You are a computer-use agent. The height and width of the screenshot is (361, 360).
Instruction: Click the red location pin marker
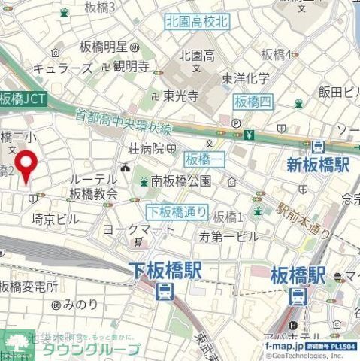[x=28, y=165]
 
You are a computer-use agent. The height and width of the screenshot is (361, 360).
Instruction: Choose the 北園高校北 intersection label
[x=197, y=23]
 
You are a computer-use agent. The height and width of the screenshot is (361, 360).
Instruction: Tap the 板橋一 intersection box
[x=202, y=159]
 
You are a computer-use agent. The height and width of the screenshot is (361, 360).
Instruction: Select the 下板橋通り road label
[x=175, y=212]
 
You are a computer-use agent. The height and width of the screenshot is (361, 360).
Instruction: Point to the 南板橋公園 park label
[x=180, y=180]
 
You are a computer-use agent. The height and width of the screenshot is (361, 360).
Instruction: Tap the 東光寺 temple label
[x=180, y=96]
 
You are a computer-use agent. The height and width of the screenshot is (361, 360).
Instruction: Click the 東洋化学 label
[x=245, y=78]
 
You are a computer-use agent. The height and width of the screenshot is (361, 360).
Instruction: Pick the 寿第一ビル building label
[x=228, y=235]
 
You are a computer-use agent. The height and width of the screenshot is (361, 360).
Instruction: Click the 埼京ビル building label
[x=54, y=219]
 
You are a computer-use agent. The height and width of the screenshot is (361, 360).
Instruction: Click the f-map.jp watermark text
[x=283, y=346]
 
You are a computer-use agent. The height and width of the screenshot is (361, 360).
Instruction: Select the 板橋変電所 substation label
[x=29, y=286]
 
